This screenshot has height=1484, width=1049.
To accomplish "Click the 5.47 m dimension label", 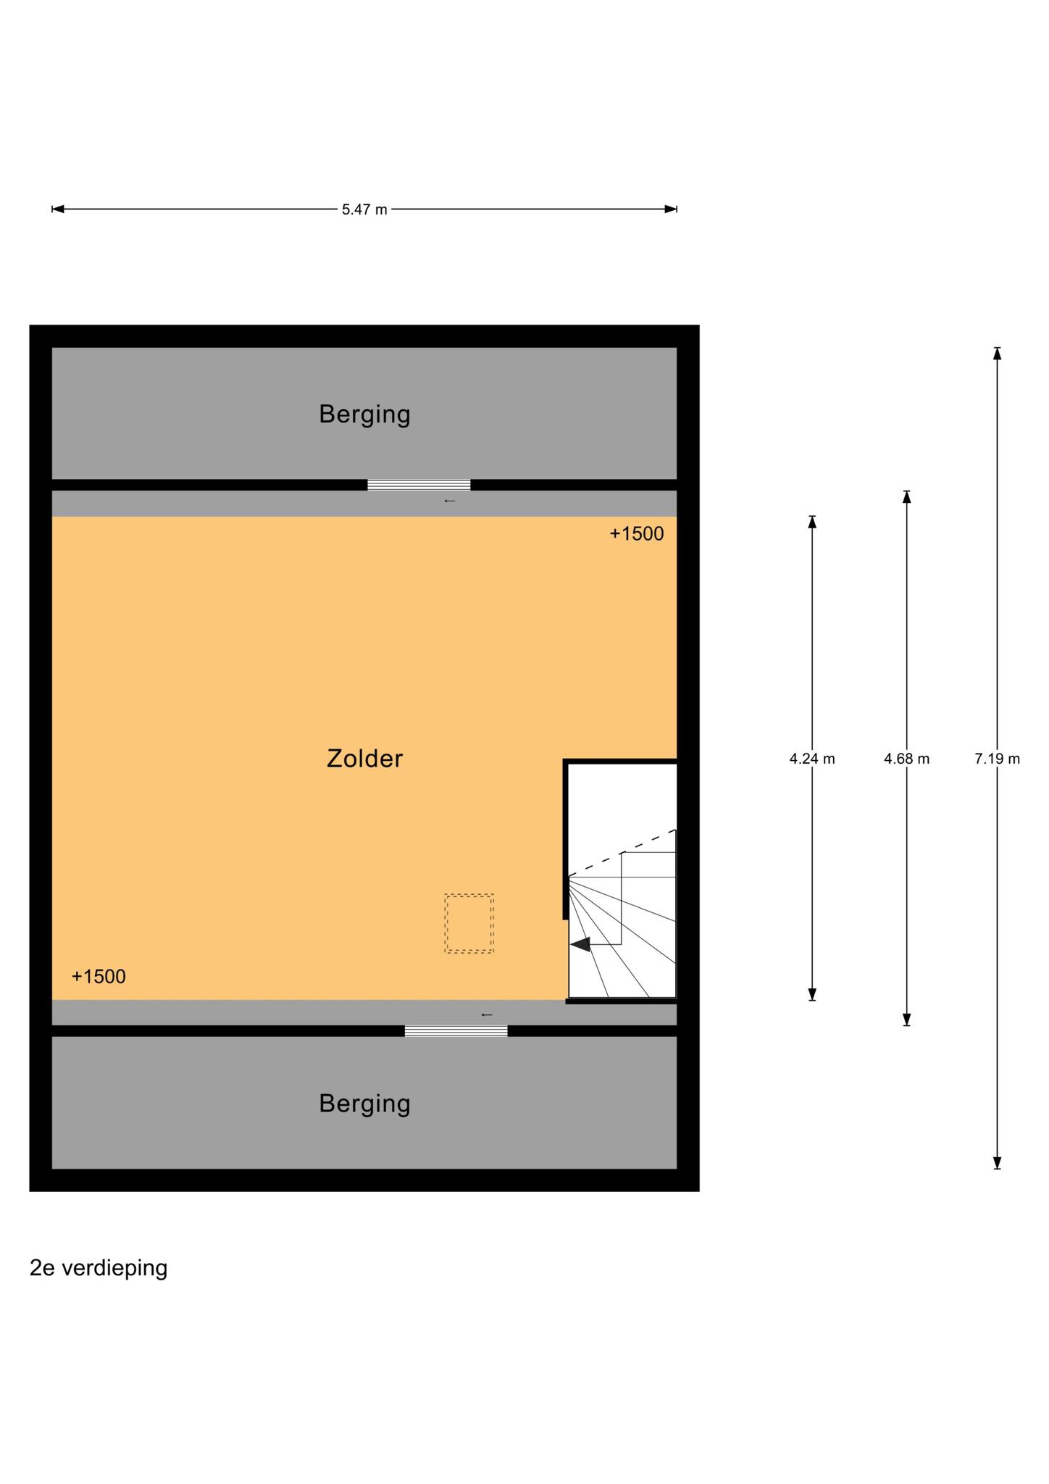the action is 364,209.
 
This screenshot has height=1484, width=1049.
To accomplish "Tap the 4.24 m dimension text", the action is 812,759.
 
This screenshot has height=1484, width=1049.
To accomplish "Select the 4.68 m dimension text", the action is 906,759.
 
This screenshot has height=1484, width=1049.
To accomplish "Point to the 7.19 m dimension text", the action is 998,759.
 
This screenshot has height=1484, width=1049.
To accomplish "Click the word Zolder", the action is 364,759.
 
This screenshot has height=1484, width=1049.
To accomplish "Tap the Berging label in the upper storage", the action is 364,414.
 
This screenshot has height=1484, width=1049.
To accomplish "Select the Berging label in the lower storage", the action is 364,1104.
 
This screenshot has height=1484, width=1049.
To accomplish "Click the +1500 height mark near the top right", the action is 637,534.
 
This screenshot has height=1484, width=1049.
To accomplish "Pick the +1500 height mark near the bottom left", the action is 99,977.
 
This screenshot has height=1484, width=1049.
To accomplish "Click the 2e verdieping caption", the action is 99,1268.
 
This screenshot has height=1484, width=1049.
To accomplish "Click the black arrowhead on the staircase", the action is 580,944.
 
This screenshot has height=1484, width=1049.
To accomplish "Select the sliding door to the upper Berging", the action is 419,485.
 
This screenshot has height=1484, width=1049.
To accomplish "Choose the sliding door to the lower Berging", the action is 456,1030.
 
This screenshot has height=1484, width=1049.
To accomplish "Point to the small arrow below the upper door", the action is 450,501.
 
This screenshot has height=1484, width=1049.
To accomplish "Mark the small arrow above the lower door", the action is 487,1015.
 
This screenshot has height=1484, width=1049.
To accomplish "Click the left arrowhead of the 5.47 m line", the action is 58,209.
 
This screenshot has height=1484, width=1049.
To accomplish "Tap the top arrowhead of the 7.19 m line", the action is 998,353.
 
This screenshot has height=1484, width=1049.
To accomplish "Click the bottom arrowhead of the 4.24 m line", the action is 812,995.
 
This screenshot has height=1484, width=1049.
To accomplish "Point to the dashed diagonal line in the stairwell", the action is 622,853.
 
